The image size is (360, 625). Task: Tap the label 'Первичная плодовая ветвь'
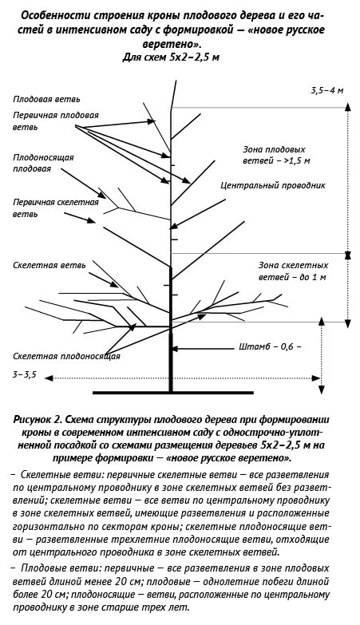[56, 121]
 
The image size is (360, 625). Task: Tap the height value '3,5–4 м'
[327, 92]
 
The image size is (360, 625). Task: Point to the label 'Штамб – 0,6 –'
[269, 347]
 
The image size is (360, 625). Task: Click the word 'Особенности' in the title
[55, 15]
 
